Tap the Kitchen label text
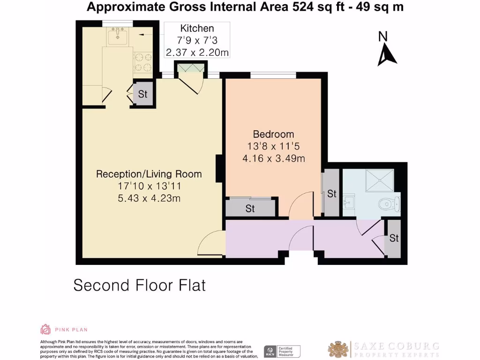[197, 29]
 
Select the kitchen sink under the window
[118, 36]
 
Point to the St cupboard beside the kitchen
[142, 94]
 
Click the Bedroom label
[273, 134]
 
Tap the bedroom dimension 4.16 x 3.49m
[273, 158]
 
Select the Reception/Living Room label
[149, 174]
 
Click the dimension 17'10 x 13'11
[149, 186]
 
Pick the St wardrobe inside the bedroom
[250, 209]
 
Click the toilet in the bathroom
[390, 203]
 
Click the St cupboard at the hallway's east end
[393, 238]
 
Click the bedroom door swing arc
[301, 205]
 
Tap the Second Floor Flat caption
[139, 285]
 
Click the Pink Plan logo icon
[45, 329]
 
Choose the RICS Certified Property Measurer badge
[282, 351]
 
